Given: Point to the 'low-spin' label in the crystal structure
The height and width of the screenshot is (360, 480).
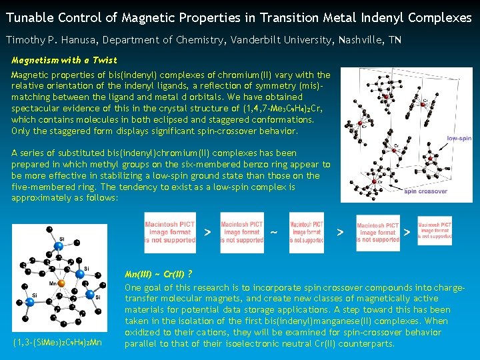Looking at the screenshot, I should pyautogui.click(x=459, y=139).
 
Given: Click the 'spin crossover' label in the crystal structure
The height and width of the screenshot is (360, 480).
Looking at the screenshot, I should pyautogui.click(x=425, y=191).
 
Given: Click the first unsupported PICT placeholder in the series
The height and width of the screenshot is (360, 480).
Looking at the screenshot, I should pyautogui.click(x=170, y=232).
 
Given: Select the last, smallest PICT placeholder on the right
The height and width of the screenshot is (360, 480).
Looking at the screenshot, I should pyautogui.click(x=435, y=230).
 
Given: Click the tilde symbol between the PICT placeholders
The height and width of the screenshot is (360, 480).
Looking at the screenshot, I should pyautogui.click(x=274, y=233).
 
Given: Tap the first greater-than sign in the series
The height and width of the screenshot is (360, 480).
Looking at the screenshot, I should pyautogui.click(x=207, y=233).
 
